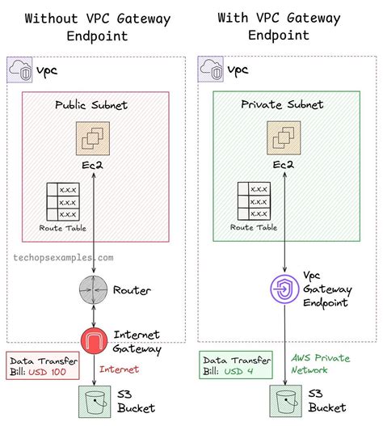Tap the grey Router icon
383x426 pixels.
pyautogui.click(x=95, y=290)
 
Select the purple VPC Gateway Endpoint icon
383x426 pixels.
pyautogui.click(x=286, y=289)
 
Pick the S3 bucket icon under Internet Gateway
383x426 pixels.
pyautogui.click(x=95, y=399)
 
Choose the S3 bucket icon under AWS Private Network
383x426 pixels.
pyautogui.click(x=286, y=399)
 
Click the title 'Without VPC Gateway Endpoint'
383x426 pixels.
pyautogui.click(x=95, y=26)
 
